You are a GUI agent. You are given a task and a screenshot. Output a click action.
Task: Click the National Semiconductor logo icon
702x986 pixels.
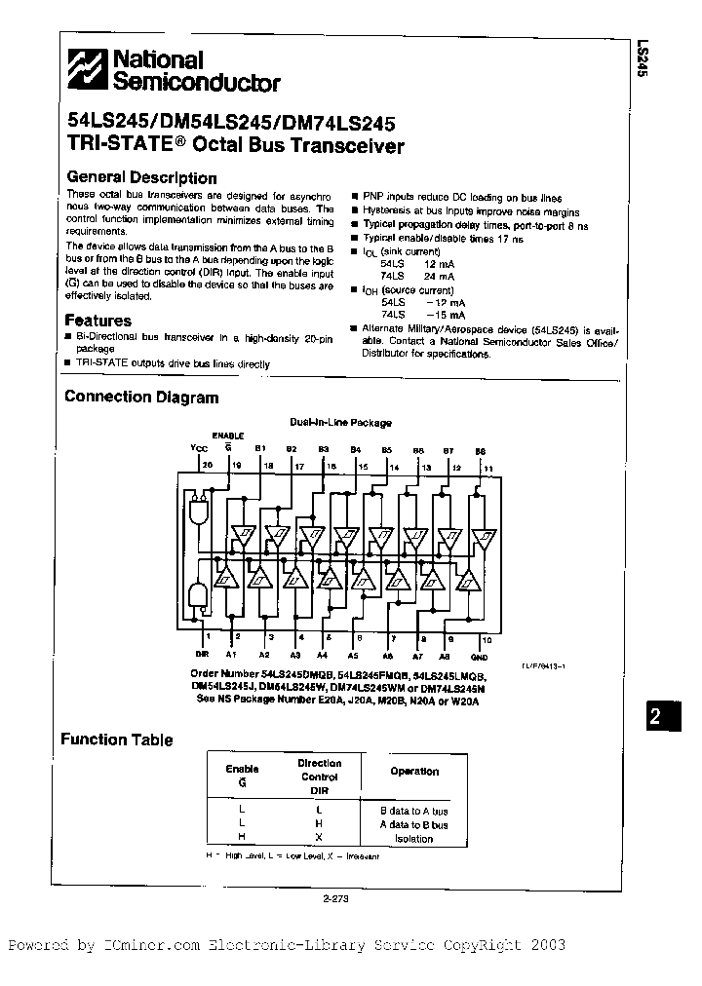tap(88, 71)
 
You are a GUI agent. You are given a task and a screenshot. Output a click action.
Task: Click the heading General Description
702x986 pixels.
tap(140, 178)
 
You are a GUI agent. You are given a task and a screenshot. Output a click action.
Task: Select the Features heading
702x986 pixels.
tap(97, 321)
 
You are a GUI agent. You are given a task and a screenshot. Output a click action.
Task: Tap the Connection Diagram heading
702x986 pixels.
tap(140, 398)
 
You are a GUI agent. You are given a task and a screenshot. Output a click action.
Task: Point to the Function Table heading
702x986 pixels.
tap(117, 739)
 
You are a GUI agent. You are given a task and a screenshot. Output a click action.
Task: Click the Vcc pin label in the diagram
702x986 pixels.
tap(199, 448)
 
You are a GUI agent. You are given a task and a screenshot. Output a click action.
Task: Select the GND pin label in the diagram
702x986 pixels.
tap(479, 658)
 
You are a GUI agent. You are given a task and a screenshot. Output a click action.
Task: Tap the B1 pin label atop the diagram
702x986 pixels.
tap(260, 448)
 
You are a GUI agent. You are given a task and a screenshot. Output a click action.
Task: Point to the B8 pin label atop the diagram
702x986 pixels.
tap(480, 449)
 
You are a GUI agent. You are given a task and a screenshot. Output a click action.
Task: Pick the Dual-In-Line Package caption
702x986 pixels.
tap(340, 423)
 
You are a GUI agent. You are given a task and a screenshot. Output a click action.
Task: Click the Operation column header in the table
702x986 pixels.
tap(414, 771)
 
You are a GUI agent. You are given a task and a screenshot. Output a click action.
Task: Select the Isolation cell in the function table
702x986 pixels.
tap(414, 839)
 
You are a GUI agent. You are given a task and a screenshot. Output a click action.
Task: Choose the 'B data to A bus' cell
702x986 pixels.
tap(414, 811)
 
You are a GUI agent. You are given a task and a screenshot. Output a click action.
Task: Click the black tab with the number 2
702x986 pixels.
tap(656, 717)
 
